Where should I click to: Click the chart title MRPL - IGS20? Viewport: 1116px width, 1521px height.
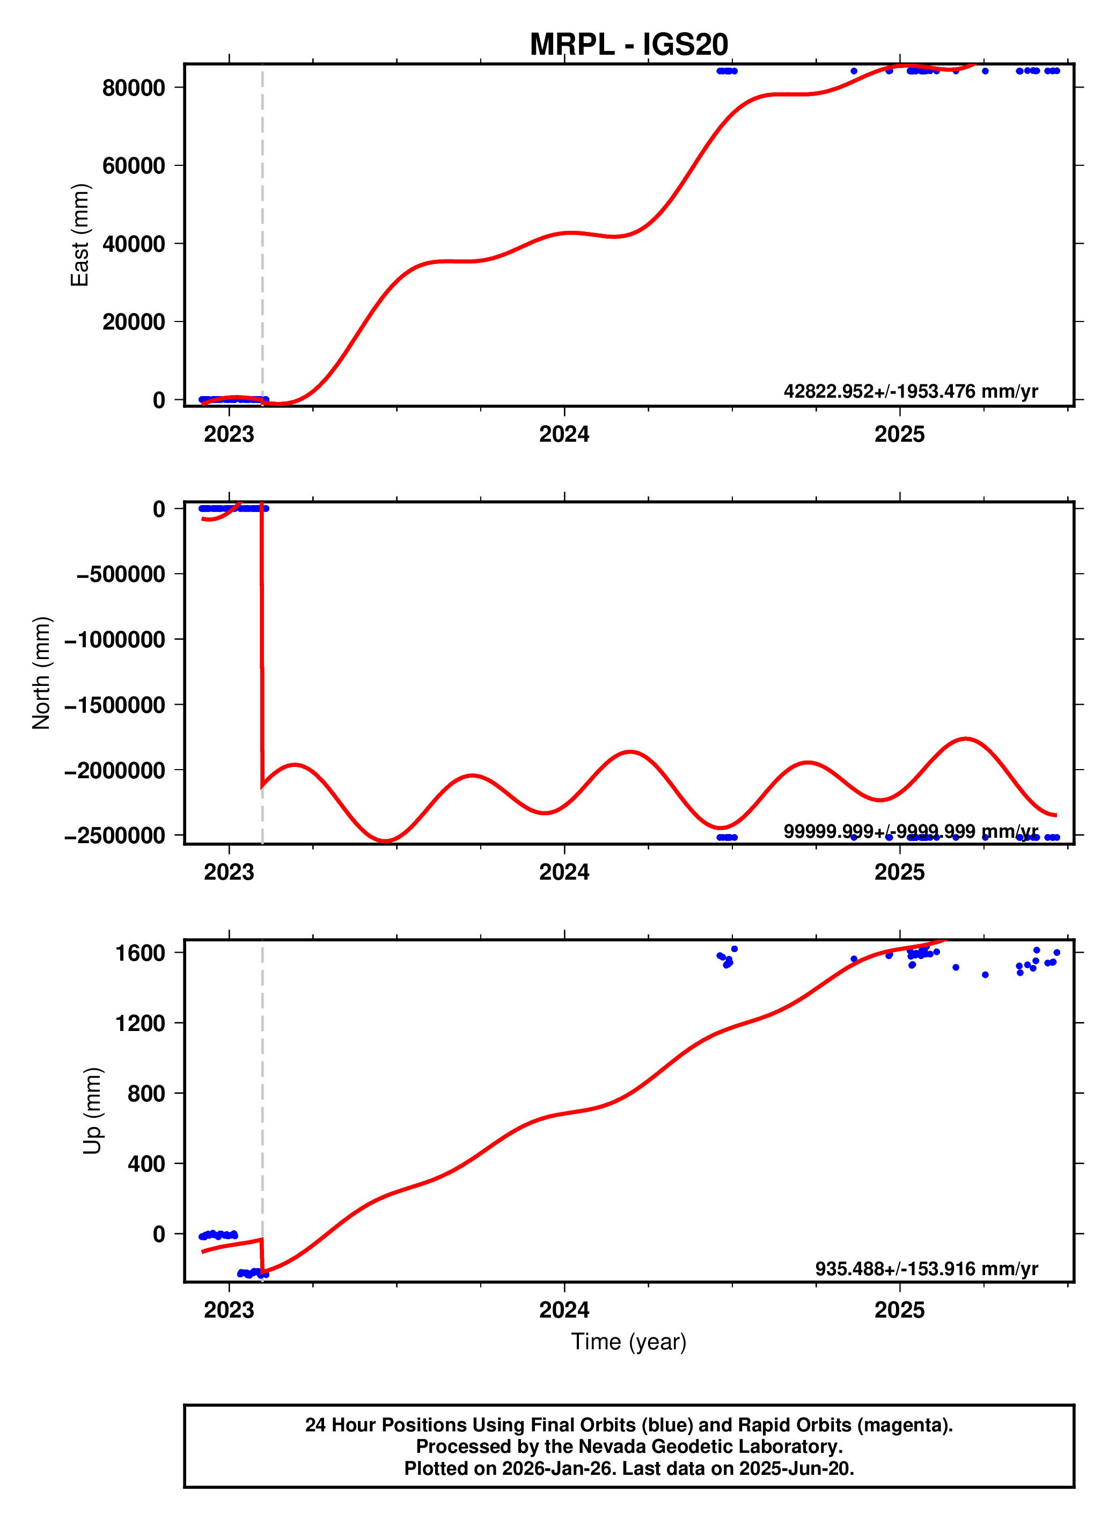coord(628,45)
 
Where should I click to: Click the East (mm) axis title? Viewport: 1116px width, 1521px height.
coord(80,235)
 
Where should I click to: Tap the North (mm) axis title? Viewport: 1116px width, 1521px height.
coord(41,672)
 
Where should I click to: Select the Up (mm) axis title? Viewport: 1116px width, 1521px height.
coord(92,1111)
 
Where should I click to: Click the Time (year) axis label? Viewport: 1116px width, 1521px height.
coord(628,1341)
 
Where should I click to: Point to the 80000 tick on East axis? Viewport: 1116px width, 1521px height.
coord(133,88)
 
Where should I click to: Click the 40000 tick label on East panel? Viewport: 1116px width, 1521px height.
coord(133,244)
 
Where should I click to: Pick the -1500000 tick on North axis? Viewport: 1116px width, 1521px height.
coord(114,705)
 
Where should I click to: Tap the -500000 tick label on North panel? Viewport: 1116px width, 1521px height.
coord(120,574)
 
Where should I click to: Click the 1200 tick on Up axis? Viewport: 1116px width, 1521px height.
coord(140,1023)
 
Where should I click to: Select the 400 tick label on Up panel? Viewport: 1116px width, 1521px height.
coord(146,1164)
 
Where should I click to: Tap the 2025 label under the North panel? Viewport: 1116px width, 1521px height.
coord(899,872)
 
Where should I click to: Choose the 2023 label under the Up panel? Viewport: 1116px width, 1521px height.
coord(229,1310)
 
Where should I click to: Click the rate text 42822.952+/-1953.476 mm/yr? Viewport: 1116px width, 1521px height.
coord(910,391)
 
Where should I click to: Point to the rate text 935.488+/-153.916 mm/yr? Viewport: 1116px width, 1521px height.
coord(926,1268)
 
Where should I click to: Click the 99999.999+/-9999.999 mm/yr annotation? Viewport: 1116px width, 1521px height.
coord(910,831)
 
